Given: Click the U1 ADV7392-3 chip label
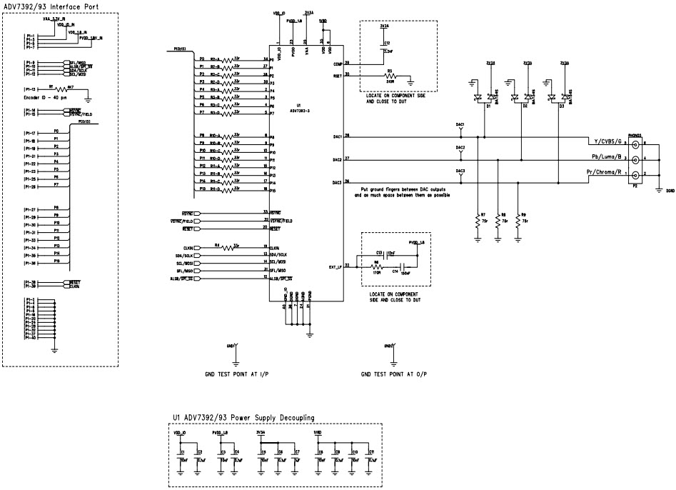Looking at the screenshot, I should point(298,109).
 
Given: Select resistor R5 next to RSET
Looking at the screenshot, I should point(390,78).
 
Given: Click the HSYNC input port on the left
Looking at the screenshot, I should point(183,212).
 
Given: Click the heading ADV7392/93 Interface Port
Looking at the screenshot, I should point(51,7).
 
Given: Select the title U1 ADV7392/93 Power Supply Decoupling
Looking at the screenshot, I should point(243,418).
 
